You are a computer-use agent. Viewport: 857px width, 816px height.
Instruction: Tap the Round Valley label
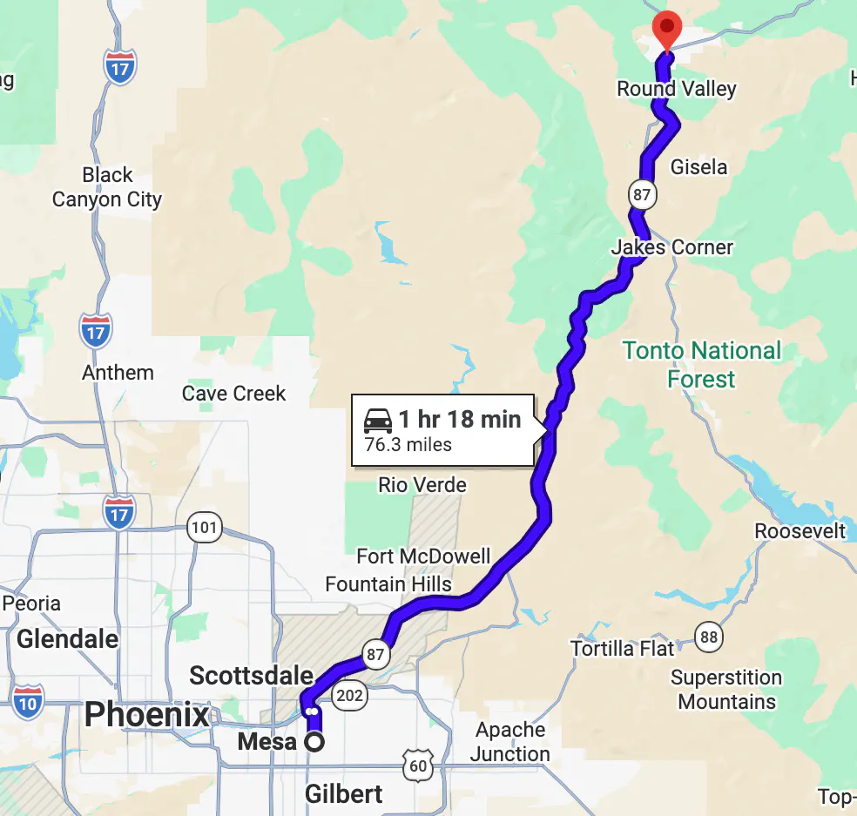(676, 89)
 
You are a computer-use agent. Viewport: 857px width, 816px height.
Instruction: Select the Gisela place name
(698, 166)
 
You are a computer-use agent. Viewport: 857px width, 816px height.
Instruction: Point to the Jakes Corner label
(672, 247)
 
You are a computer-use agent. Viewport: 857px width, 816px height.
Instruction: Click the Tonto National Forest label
(702, 365)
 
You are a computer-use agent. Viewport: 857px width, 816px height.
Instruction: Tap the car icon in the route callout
(378, 421)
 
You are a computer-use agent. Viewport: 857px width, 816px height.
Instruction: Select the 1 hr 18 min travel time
(459, 419)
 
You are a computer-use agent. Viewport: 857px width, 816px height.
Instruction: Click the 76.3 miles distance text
(408, 445)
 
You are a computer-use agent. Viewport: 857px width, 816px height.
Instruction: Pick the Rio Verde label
(422, 485)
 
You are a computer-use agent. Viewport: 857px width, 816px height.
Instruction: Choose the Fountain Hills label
(388, 583)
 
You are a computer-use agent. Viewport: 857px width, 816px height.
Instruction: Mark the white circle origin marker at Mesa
(314, 742)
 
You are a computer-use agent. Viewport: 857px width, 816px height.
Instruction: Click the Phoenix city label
(147, 715)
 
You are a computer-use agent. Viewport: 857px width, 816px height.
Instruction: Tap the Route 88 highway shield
(709, 637)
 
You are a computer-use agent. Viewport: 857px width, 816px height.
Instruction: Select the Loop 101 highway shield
(204, 527)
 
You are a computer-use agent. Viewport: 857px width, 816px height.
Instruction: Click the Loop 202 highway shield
(351, 695)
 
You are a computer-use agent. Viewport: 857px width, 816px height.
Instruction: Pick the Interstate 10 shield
(28, 700)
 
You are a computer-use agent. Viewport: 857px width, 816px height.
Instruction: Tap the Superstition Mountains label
(726, 690)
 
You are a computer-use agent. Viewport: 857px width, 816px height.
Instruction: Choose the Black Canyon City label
(107, 187)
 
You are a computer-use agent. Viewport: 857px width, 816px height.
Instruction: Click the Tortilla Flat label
(622, 649)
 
